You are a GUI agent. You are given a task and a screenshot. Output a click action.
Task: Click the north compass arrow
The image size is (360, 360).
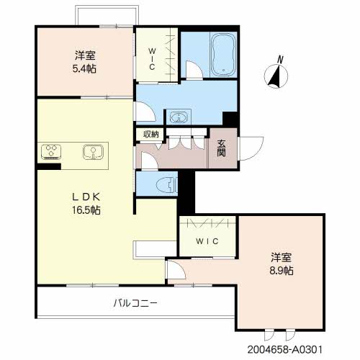(275, 76)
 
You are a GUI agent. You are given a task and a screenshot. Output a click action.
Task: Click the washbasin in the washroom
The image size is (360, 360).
(177, 117)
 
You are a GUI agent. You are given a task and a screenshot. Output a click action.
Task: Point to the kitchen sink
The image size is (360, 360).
(92, 152)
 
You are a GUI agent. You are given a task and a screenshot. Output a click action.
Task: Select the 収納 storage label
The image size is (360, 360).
(150, 134)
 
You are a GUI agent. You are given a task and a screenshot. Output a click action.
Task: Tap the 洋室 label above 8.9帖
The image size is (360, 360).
(282, 256)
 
